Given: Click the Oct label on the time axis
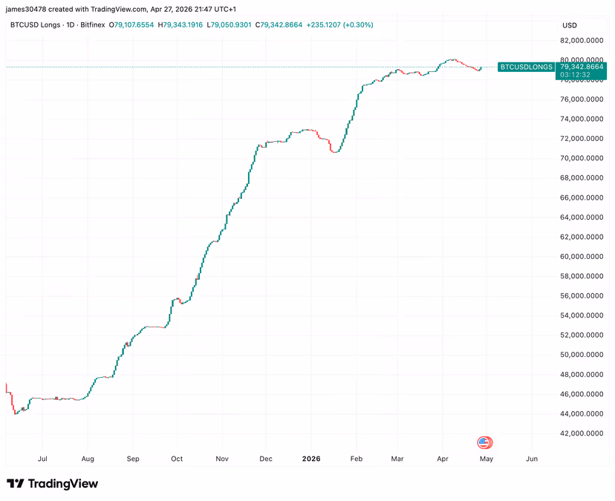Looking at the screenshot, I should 178,459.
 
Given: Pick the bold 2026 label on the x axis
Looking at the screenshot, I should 311,459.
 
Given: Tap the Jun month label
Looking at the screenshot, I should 531,459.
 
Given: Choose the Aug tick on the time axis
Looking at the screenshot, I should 88,459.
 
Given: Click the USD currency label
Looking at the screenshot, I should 570,25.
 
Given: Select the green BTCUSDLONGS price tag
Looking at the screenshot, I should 526,67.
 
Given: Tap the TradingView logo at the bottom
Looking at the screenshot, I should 52,484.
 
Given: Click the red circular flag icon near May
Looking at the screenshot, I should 484,443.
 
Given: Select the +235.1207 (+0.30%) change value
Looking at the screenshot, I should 339,25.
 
